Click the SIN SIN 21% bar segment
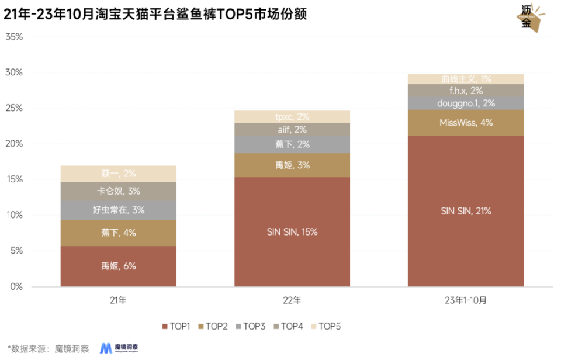click(465, 211)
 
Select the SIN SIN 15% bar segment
click(292, 232)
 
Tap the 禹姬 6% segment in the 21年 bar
click(119, 266)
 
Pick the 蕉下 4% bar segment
click(119, 233)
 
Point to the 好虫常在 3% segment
click(119, 210)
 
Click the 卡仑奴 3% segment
click(119, 191)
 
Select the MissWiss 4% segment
click(465, 123)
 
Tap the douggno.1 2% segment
click(465, 103)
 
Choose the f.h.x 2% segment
click(465, 91)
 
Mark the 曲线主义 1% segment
click(465, 79)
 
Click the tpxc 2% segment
click(292, 117)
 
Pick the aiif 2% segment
click(292, 130)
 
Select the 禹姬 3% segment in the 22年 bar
click(292, 165)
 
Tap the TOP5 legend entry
click(325, 326)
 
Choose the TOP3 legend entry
click(251, 326)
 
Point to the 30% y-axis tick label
click(14, 72)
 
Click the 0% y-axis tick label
click(16, 286)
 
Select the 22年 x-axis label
click(292, 300)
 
